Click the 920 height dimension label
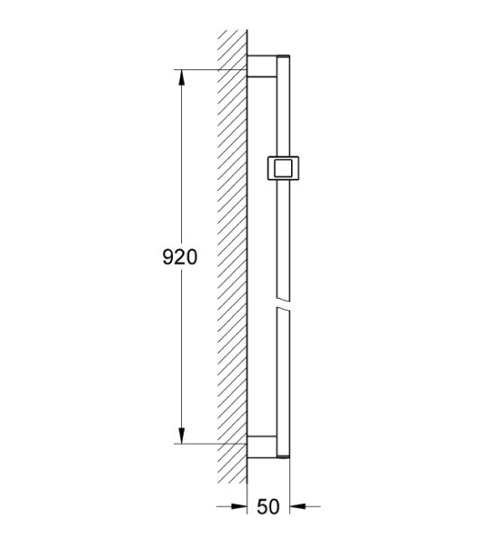coord(179,256)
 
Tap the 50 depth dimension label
coord(268,507)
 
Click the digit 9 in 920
coord(168,256)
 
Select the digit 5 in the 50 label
coord(261,507)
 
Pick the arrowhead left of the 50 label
coord(241,506)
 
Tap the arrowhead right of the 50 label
coord(296,506)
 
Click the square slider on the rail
coord(286,167)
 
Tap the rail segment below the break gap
coord(285,378)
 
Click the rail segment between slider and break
coord(285,238)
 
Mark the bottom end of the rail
coord(285,455)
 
